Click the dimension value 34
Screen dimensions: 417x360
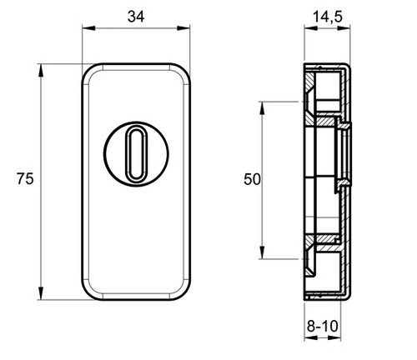coord(136,17)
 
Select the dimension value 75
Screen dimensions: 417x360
coord(25,178)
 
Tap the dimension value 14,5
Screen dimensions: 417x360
coord(328,17)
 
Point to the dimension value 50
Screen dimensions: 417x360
coord(252,179)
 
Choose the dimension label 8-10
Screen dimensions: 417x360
coord(323,326)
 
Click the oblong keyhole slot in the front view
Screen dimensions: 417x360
coord(136,153)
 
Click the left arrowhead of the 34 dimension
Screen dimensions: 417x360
coord(88,28)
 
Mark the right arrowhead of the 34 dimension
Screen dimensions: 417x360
coord(183,28)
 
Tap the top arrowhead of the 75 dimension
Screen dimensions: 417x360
coord(41,70)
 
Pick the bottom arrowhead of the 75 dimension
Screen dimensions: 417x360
coord(41,293)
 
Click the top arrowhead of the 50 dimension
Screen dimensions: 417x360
coord(262,108)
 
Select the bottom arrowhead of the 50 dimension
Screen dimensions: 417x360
coord(262,252)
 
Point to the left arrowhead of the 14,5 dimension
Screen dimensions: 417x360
coord(311,28)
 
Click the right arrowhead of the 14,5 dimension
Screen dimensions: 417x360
coord(344,28)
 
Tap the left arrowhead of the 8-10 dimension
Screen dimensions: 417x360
coord(311,338)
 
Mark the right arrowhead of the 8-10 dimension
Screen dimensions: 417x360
coord(334,338)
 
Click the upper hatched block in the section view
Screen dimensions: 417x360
coord(325,121)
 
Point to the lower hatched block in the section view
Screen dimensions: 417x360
coord(325,238)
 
